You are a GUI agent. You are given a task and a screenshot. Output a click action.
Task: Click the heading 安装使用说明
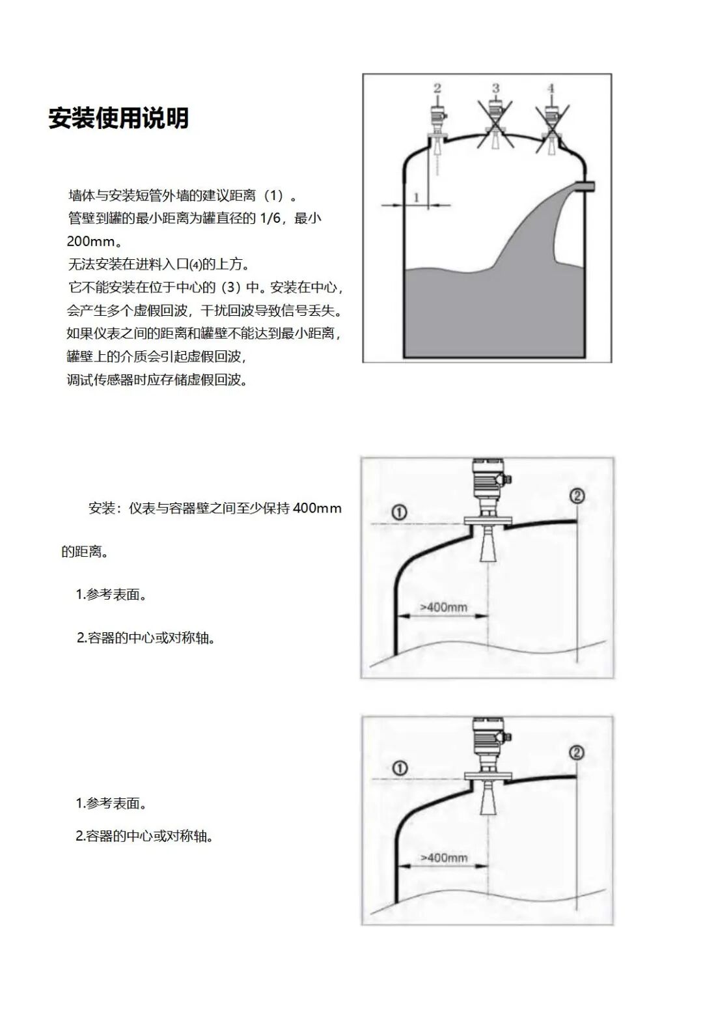[118, 119]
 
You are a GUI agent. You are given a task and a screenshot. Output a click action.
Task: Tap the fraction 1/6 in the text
[269, 218]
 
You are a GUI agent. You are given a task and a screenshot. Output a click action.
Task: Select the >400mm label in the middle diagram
[443, 608]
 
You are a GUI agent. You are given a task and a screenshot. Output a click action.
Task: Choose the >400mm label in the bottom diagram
[444, 858]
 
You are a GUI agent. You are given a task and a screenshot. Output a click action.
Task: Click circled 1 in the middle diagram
[400, 512]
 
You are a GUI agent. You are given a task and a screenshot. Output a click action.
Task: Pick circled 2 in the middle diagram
[577, 496]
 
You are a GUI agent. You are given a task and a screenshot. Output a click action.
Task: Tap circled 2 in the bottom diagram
[577, 753]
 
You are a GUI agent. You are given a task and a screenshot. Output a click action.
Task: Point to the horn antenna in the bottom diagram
[488, 800]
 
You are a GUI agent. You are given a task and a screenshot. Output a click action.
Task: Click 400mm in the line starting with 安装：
[317, 508]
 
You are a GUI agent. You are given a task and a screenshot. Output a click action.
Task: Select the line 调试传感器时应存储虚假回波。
[158, 380]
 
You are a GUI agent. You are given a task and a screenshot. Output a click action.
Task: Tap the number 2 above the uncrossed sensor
[437, 88]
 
